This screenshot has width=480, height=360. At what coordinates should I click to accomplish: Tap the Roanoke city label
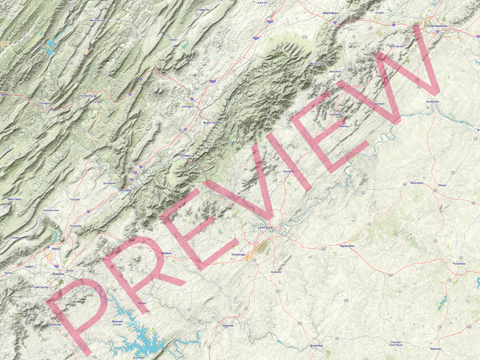tap(58, 274)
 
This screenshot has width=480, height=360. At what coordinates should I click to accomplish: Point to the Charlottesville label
tap(442, 25)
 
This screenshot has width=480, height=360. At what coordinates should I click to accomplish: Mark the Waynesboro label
tap(331, 13)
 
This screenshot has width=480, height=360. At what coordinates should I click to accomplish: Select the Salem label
tap(28, 266)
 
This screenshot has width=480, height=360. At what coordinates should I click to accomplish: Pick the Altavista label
tap(229, 325)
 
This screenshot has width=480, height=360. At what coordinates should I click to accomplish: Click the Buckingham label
tap(417, 182)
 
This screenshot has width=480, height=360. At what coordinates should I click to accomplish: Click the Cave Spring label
tap(41, 286)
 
